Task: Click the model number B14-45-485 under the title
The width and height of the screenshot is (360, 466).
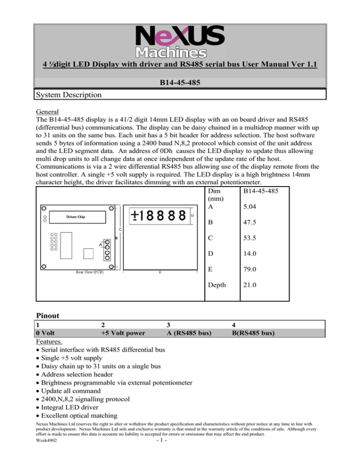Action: click(x=180, y=83)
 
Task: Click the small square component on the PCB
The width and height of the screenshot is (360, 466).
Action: click(x=87, y=254)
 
